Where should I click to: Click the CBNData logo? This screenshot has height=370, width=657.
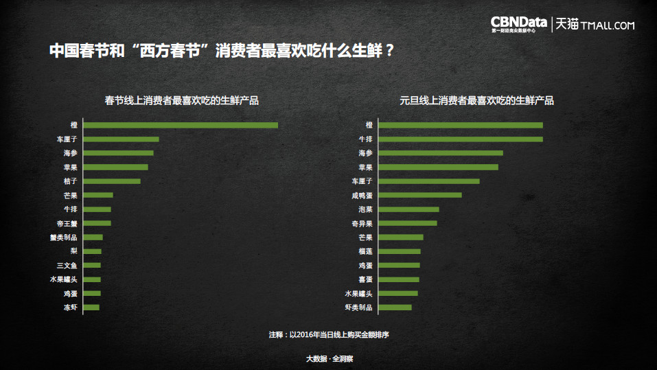tap(519, 23)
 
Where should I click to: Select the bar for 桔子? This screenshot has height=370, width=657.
tap(112, 181)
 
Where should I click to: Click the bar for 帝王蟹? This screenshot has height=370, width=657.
tap(97, 223)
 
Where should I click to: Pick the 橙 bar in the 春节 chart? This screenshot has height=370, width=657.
tap(181, 125)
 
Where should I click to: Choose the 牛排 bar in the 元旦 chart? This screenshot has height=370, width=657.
tap(461, 139)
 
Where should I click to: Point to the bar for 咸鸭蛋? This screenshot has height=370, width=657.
tap(420, 195)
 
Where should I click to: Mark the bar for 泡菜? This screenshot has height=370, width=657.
tap(409, 209)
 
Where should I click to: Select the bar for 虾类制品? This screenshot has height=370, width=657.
tap(395, 307)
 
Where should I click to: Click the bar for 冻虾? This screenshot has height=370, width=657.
tap(91, 307)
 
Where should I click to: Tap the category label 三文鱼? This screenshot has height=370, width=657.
tap(67, 265)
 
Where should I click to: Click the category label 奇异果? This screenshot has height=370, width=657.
tap(362, 223)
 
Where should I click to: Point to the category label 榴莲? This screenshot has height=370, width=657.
tap(365, 251)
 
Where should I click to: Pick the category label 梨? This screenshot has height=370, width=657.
tap(73, 251)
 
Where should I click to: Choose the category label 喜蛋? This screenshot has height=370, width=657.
tap(365, 279)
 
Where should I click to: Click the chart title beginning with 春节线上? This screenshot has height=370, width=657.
tap(181, 100)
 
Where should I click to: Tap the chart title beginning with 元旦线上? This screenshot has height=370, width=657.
tap(476, 100)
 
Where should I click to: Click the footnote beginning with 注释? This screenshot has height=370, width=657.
tap(334, 335)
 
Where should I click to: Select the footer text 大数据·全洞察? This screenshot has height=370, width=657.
tap(329, 358)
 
